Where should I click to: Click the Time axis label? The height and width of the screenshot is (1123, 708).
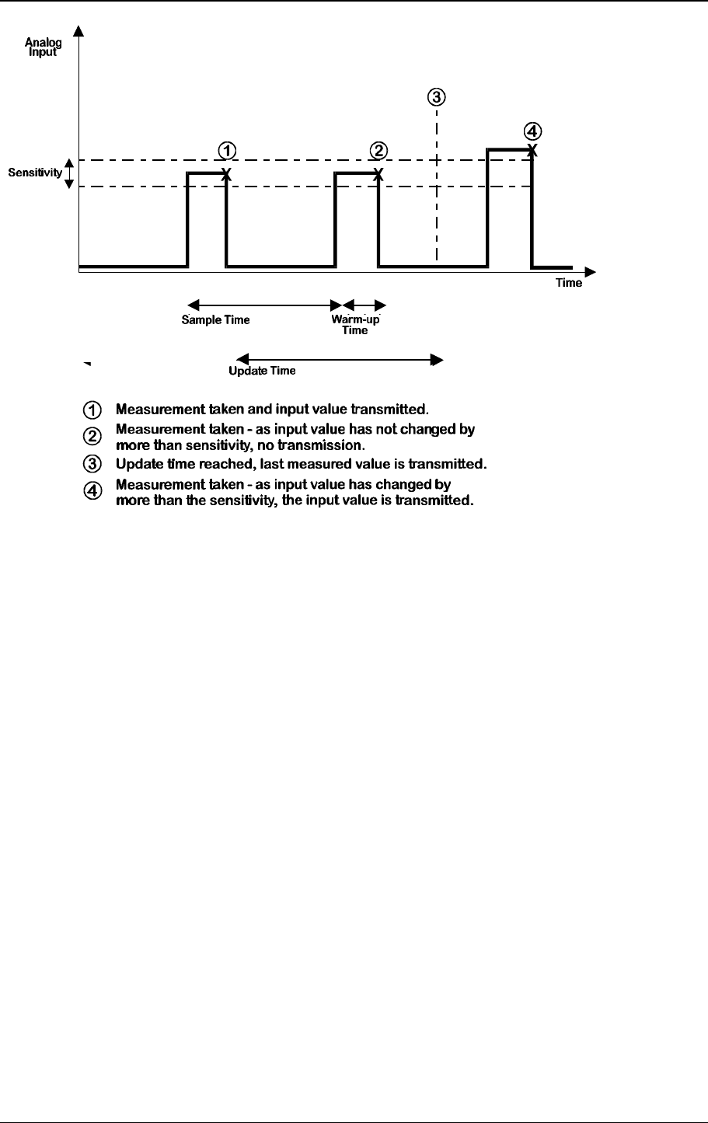coord(568,283)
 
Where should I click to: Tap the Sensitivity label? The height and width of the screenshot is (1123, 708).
coord(35,173)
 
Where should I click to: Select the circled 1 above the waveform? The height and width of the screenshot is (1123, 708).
coord(226,149)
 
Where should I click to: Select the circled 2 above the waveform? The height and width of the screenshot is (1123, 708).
coord(378,149)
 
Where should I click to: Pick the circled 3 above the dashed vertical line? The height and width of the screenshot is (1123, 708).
coord(437,97)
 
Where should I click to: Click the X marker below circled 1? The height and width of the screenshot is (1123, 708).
coord(226,173)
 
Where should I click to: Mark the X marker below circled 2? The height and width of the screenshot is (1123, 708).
coord(378,173)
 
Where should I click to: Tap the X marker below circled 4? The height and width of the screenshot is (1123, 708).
coord(532,148)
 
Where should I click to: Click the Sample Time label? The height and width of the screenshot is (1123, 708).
coord(215,319)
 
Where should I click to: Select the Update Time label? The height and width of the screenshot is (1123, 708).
coord(262,371)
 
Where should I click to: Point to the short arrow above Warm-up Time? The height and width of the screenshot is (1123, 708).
coord(364,304)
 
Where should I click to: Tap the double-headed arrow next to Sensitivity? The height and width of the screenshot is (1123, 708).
coord(68,173)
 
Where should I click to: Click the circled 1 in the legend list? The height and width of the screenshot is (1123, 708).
coord(91,408)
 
